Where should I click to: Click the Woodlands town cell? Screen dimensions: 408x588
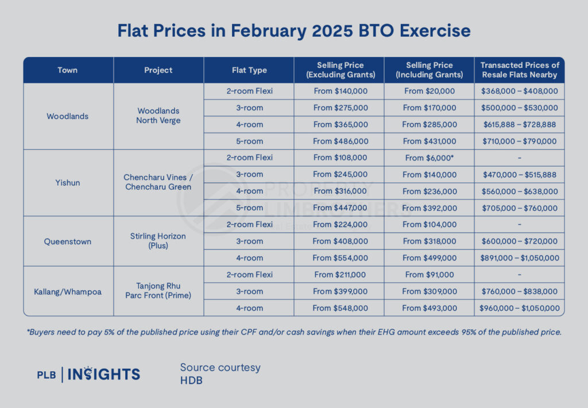coord(68,116)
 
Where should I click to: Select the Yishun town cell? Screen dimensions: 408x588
coord(68,183)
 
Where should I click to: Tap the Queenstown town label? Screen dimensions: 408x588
coord(68,241)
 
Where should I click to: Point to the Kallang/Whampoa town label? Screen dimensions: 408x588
coord(68,291)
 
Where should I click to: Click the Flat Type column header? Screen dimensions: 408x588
coord(249,70)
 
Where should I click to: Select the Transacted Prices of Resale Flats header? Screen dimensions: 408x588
coord(520,70)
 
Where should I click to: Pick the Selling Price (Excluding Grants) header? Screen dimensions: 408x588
coord(340,70)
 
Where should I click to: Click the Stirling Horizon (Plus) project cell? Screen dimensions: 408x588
coord(158,241)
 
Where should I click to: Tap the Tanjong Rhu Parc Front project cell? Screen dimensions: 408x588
coord(158,291)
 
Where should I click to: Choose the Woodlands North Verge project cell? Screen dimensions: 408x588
coord(158,116)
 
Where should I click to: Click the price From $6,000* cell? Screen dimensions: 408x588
coord(430,157)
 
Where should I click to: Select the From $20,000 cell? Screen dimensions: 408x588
coord(430,91)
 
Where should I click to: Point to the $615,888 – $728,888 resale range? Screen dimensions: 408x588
coord(520,125)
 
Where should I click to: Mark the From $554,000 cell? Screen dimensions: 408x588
coord(340,258)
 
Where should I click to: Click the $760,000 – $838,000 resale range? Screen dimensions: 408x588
coord(520,291)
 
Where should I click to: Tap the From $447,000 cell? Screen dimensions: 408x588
coord(340,207)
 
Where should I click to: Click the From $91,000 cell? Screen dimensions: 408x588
coord(430,275)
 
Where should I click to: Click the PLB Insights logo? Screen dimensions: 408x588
coord(88,375)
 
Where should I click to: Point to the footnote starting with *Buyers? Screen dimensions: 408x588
coord(293,332)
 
